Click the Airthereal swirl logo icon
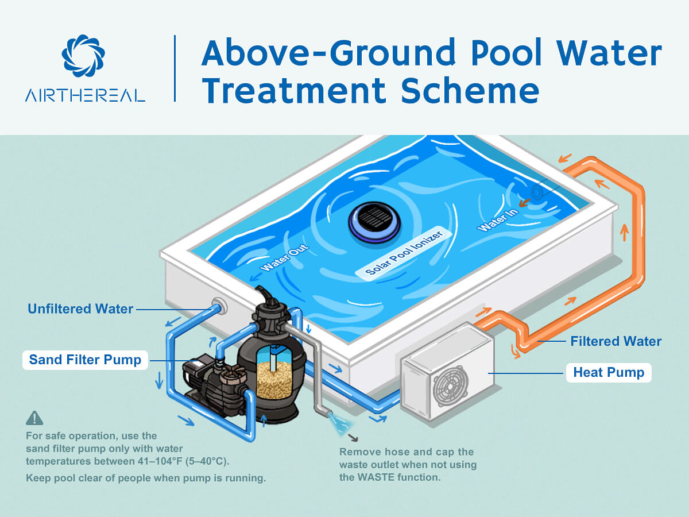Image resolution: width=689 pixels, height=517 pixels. (x=83, y=56)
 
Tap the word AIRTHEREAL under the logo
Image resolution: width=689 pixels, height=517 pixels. (x=85, y=95)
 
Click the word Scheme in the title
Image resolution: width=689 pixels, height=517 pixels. (x=470, y=90)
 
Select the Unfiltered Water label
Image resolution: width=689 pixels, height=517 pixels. (x=80, y=309)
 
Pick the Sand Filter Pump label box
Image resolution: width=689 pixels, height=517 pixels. (x=85, y=360)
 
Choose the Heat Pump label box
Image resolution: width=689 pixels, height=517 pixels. (x=609, y=373)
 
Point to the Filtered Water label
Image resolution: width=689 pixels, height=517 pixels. (x=616, y=341)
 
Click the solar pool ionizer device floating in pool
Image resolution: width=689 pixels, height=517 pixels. (x=374, y=222)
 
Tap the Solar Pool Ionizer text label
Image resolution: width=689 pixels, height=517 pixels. (x=404, y=253)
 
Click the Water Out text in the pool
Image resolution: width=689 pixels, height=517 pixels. (x=284, y=258)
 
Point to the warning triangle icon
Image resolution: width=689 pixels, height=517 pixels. (x=34, y=418)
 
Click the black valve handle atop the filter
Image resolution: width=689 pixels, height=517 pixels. (x=265, y=295)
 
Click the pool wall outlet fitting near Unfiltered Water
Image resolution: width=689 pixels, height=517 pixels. (x=219, y=306)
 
